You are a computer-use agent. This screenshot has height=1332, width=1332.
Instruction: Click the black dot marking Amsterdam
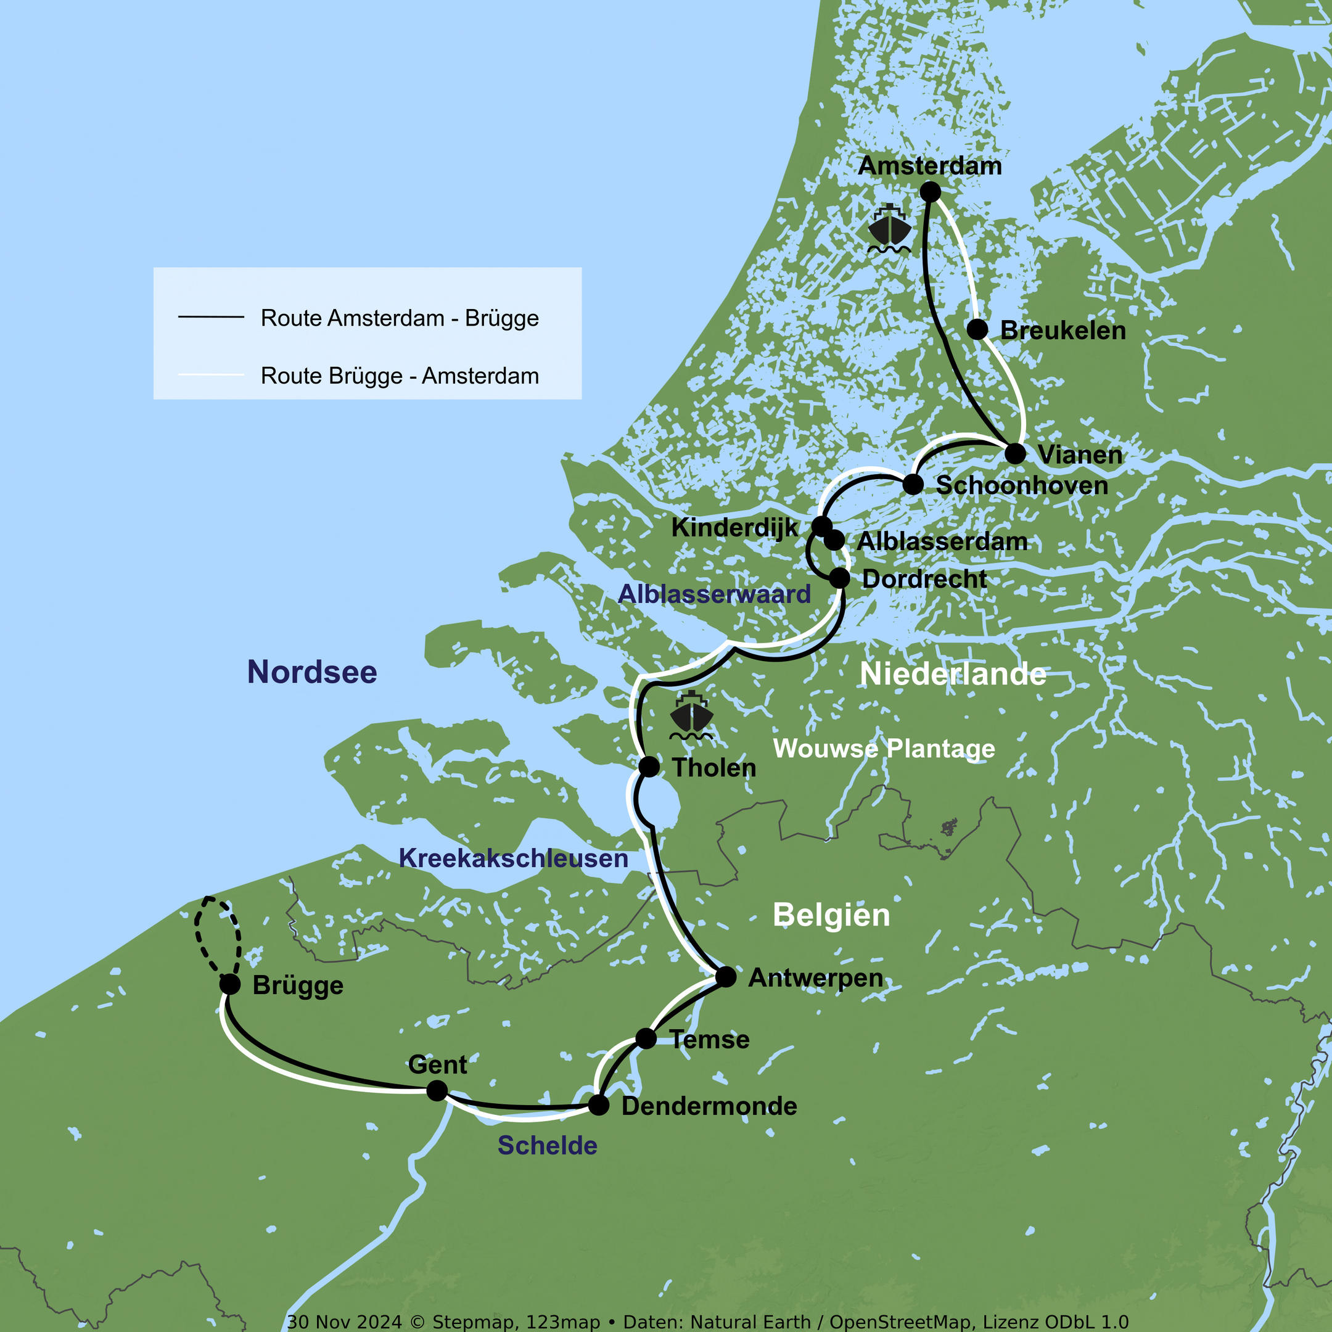tap(930, 192)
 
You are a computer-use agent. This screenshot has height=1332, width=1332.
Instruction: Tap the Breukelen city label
tap(1063, 331)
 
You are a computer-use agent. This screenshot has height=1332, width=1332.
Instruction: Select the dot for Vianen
tap(1015, 454)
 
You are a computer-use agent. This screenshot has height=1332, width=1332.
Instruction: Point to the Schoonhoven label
tap(1021, 485)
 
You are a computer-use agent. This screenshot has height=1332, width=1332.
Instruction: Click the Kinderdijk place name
tap(734, 527)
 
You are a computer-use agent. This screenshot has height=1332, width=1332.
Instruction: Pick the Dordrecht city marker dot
tap(839, 578)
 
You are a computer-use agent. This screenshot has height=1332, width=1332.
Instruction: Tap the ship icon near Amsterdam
tap(889, 229)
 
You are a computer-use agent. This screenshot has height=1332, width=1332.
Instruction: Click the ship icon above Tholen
tap(691, 715)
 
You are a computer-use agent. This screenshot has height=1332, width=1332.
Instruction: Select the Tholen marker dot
tap(649, 766)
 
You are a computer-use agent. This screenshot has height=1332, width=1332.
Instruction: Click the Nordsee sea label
tap(311, 672)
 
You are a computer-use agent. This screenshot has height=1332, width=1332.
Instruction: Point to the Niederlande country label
tap(953, 674)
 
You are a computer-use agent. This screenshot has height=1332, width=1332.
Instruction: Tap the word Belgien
tap(831, 916)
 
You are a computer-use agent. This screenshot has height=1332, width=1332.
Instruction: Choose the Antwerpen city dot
tap(725, 977)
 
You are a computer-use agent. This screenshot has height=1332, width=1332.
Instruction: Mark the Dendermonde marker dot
tap(598, 1106)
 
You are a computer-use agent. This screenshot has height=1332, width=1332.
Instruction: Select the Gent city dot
tap(437, 1091)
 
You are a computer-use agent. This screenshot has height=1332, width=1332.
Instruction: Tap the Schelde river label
tap(548, 1146)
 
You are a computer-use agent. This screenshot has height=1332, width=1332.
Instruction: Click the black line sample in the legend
tap(211, 317)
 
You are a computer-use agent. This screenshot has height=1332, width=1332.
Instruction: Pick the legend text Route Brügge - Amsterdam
tap(399, 376)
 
